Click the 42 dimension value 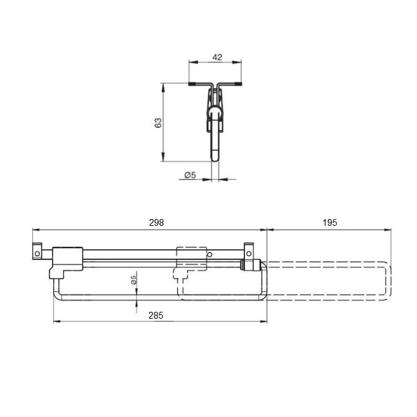[217, 57]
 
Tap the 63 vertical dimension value [158, 123]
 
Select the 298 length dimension [157, 223]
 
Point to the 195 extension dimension [330, 223]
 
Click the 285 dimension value [156, 316]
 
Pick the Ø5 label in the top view [190, 175]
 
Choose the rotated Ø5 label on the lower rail [134, 280]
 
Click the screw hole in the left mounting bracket [37, 254]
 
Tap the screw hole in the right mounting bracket [249, 254]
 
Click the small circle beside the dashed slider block [210, 255]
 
